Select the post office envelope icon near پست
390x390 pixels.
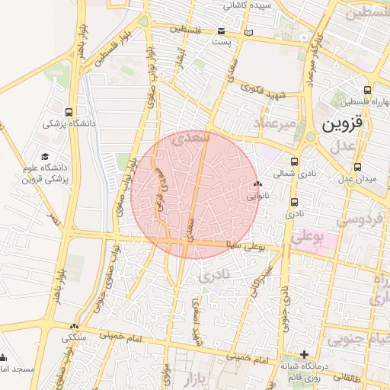(221, 31)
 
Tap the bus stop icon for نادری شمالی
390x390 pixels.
(296, 161)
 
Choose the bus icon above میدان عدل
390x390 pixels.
(357, 167)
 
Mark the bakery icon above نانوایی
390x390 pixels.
(257, 184)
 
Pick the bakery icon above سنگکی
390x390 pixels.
(74, 326)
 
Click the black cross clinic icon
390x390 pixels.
(304, 354)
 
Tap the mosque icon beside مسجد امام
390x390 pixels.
(2, 357)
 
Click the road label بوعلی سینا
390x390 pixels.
(244, 244)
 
